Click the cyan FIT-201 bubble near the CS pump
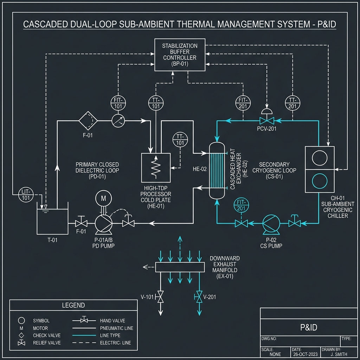click(x=241, y=206)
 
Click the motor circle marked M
click(x=103, y=199)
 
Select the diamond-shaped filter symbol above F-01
click(x=88, y=121)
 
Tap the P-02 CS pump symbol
click(x=271, y=222)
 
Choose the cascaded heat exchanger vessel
click(x=217, y=171)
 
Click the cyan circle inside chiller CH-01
click(x=319, y=181)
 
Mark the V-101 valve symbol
click(x=161, y=297)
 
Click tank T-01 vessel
click(x=52, y=221)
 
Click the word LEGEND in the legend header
click(x=73, y=305)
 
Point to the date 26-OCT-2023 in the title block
click(x=305, y=354)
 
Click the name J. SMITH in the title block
click(x=340, y=354)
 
